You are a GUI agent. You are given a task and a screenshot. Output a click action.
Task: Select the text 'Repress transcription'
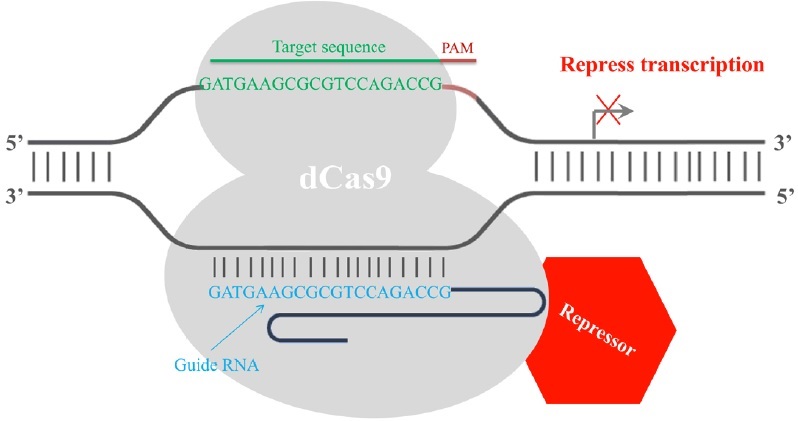click(x=662, y=66)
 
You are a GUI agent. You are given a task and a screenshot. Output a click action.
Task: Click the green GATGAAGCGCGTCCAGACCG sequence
click(x=321, y=85)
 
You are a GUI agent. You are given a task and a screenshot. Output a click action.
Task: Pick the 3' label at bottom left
click(x=14, y=191)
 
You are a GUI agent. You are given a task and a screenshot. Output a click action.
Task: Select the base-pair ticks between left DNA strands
click(x=71, y=166)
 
